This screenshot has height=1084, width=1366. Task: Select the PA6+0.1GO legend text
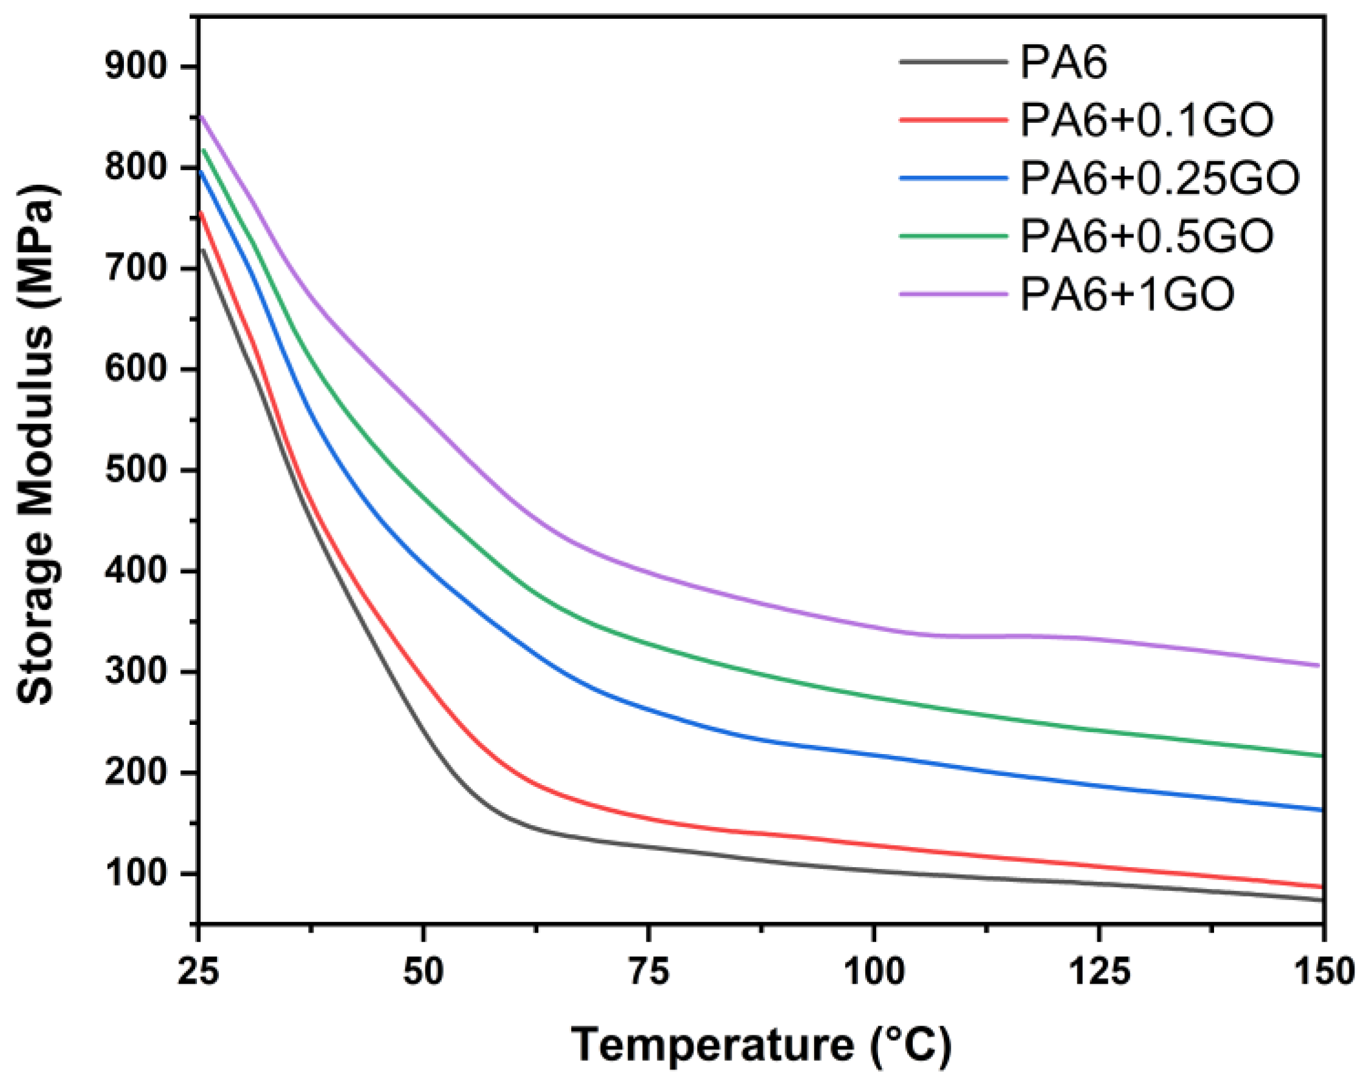pos(1146,120)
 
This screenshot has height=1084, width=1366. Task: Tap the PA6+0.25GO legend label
pos(1159,177)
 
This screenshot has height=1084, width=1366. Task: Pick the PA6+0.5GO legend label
pos(1146,235)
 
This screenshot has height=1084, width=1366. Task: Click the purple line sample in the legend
pos(953,293)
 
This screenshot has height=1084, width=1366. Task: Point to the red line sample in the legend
pos(953,120)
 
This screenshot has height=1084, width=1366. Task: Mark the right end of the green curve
pos(1322,755)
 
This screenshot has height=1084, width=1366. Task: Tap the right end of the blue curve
pos(1322,810)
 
